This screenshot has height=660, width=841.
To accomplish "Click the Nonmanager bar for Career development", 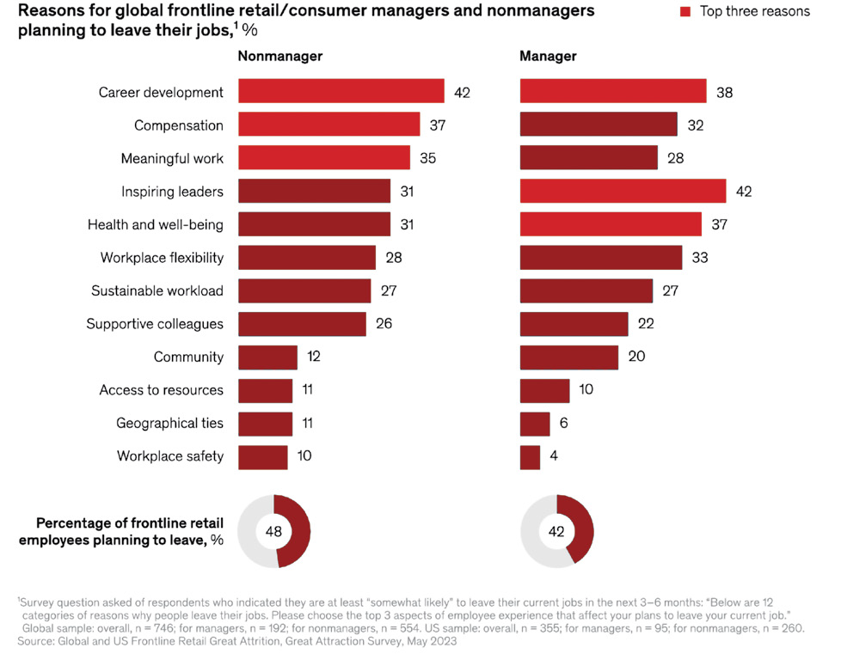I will click(341, 92).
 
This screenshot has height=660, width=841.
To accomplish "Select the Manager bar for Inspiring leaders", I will click(623, 191).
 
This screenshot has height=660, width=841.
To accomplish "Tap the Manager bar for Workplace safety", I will click(530, 456).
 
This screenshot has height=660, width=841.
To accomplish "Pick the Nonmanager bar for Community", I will click(267, 357).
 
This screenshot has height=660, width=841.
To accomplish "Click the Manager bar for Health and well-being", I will click(611, 224).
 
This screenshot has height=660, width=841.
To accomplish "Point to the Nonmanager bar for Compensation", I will click(328, 125).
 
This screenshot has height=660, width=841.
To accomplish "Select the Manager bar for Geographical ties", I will click(535, 424).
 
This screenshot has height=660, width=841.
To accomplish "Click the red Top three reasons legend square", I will click(686, 12).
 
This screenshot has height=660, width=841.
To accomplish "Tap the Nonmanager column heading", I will click(279, 57).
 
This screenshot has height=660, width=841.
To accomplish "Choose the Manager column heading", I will click(548, 57).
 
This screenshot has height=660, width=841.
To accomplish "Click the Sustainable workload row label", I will click(157, 290).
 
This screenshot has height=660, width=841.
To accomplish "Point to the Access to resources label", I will click(161, 390).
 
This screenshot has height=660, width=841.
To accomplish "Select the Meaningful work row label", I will click(172, 158).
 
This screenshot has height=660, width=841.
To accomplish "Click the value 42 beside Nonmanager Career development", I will click(462, 93).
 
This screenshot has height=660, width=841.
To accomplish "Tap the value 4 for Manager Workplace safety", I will click(554, 456).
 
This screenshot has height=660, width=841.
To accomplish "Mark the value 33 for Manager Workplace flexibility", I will click(700, 258).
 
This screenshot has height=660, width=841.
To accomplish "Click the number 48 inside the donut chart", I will click(273, 531).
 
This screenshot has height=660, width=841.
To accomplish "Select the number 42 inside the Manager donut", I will click(556, 531).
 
